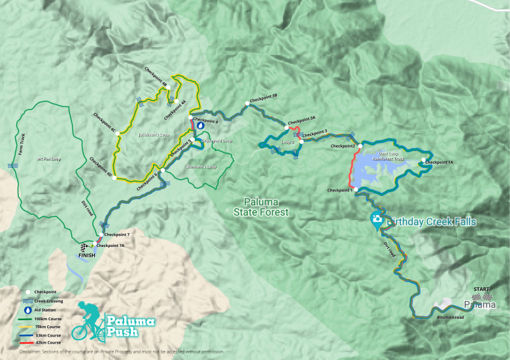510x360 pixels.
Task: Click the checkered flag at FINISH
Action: tap(84, 246)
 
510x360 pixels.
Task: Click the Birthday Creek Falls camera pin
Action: tap(377, 220)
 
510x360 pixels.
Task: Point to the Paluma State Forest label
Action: tap(265, 206)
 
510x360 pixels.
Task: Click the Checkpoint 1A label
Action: tap(439, 162)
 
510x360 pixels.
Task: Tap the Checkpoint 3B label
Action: tap(264, 96)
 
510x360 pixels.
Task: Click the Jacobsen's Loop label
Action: tap(154, 135)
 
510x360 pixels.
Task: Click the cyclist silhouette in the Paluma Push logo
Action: tap(88, 321)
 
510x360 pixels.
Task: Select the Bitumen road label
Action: tap(450, 318)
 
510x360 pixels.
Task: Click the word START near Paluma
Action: tap(482, 289)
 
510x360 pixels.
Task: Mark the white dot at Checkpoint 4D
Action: tap(114, 178)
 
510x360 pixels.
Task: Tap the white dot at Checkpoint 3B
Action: tap(246, 103)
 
